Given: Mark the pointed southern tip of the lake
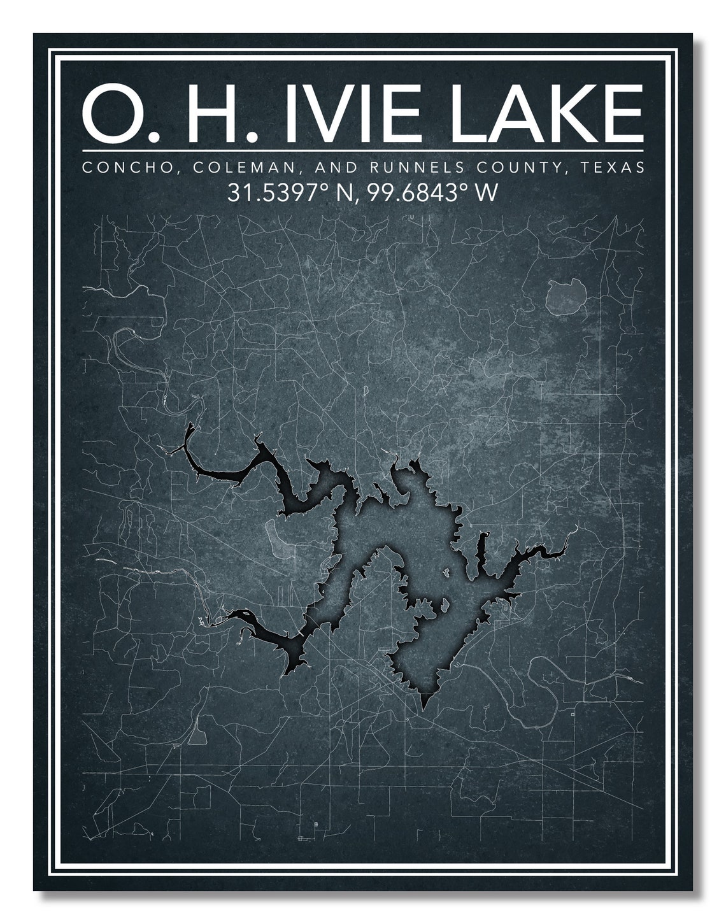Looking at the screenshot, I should pyautogui.click(x=424, y=707).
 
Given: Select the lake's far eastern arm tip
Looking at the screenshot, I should pyautogui.click(x=576, y=527).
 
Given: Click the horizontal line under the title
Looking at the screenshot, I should pyautogui.click(x=363, y=151).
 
